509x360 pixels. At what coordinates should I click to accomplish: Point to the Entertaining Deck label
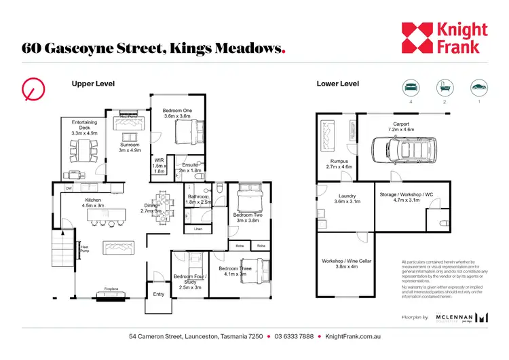click(x=85, y=126)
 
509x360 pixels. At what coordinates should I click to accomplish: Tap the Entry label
click(x=158, y=294)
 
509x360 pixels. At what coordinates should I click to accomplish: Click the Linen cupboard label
click(x=198, y=230)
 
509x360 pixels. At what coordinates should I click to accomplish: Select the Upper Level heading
click(x=93, y=84)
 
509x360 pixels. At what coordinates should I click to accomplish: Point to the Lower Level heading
click(x=337, y=84)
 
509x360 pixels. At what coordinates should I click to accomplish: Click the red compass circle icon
click(x=33, y=89)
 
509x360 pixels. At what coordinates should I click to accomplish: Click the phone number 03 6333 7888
click(x=294, y=337)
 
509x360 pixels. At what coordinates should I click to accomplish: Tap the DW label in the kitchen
click(x=69, y=188)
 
